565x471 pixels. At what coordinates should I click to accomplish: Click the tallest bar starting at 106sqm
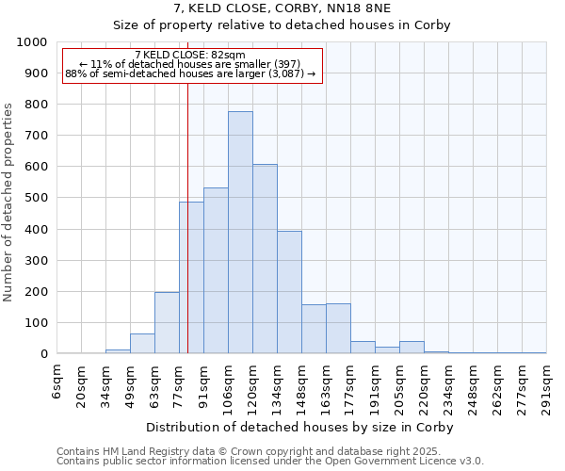click(x=240, y=233)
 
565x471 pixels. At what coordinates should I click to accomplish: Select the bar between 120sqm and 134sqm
click(x=265, y=259)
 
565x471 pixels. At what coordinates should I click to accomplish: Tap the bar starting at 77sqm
click(x=191, y=278)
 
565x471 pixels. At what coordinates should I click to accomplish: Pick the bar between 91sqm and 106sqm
click(x=216, y=271)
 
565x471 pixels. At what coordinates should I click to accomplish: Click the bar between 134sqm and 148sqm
click(x=289, y=292)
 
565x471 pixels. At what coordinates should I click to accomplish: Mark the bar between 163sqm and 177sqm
click(x=338, y=329)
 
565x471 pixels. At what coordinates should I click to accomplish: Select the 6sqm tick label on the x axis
click(x=57, y=383)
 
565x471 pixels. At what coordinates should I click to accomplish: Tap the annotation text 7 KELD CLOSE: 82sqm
click(x=190, y=55)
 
